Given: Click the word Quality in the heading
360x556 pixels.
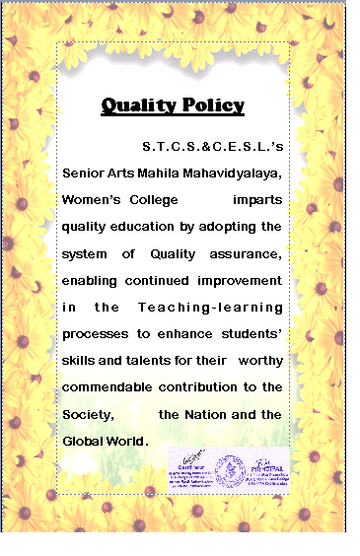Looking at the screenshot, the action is tap(136, 105).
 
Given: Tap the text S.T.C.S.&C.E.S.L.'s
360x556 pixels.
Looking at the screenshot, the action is tap(213, 147).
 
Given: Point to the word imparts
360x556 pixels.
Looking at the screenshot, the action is tap(257, 200).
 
